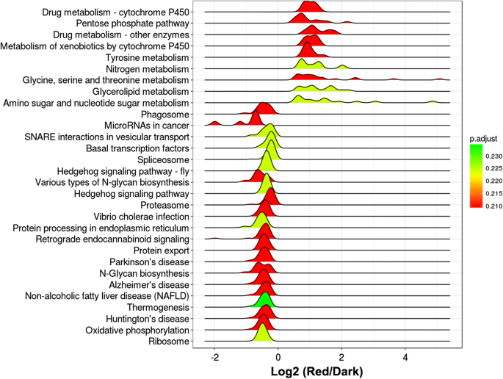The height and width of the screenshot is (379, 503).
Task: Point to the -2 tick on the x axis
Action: (x=214, y=355)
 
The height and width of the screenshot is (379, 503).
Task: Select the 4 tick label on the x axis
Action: (x=405, y=355)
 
